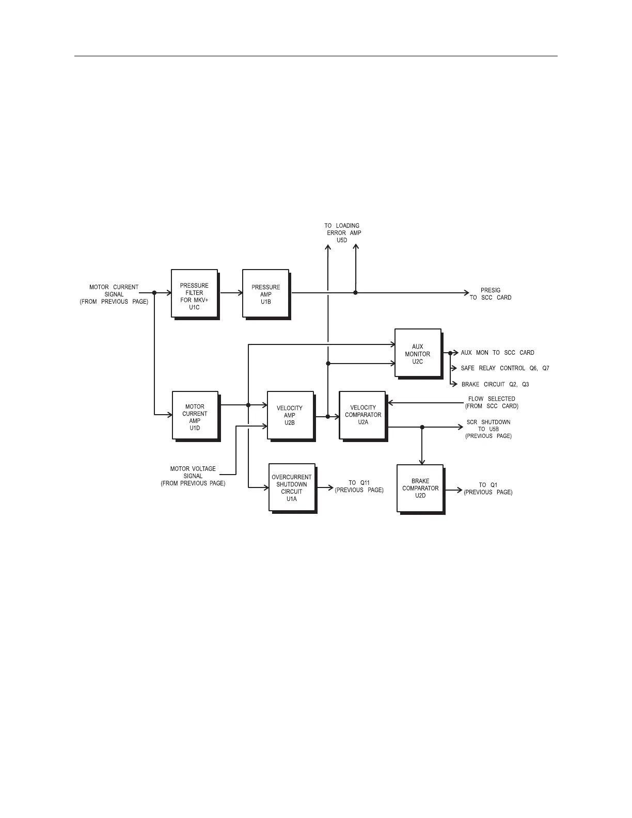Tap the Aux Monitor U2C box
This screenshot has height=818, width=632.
(x=418, y=353)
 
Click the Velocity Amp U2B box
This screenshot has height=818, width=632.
(x=290, y=415)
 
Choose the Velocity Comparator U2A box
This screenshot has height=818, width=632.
(x=362, y=415)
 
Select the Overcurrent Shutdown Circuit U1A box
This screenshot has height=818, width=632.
(x=292, y=487)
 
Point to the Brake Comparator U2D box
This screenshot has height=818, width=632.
(x=420, y=488)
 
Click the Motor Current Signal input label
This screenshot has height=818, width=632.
(x=114, y=294)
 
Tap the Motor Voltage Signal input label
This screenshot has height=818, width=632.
(x=193, y=476)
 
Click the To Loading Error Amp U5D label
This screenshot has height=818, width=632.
(x=342, y=233)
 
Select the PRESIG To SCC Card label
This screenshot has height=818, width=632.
(x=491, y=294)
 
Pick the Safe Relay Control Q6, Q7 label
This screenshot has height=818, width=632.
(x=505, y=368)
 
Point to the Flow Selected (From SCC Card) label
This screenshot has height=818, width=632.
(x=492, y=402)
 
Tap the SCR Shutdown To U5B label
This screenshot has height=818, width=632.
(x=488, y=429)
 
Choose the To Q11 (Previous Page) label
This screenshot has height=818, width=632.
(x=359, y=486)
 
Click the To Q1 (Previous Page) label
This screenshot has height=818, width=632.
(x=488, y=489)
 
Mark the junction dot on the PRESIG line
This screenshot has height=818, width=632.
(x=355, y=293)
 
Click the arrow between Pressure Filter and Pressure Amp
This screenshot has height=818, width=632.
(x=231, y=293)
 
